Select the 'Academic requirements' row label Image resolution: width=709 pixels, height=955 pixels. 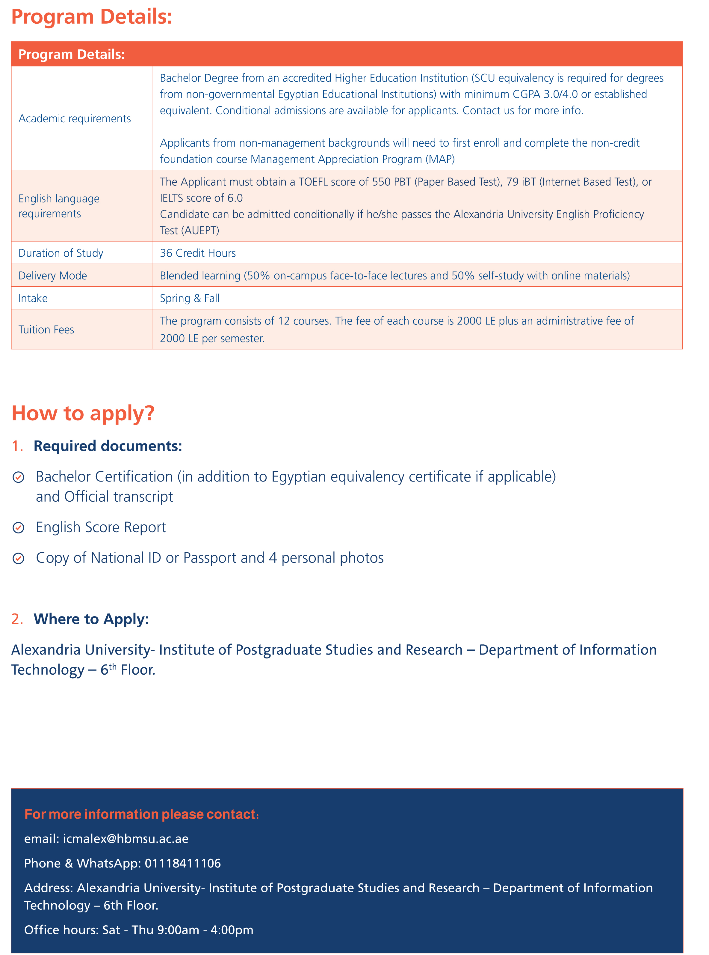click(x=75, y=118)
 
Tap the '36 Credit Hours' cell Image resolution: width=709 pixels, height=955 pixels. click(x=198, y=253)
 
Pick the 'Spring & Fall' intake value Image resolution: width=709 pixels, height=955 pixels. click(x=190, y=298)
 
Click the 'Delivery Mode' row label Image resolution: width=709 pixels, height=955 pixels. click(x=53, y=276)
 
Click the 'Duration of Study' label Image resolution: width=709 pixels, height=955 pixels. click(x=61, y=253)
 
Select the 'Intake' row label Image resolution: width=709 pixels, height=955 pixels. click(x=33, y=298)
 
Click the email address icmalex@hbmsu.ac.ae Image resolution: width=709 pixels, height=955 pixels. click(x=126, y=839)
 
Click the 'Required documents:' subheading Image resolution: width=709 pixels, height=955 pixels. click(x=108, y=446)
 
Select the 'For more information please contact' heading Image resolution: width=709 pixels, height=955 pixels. click(x=142, y=814)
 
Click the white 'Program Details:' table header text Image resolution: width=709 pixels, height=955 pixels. click(x=72, y=55)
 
